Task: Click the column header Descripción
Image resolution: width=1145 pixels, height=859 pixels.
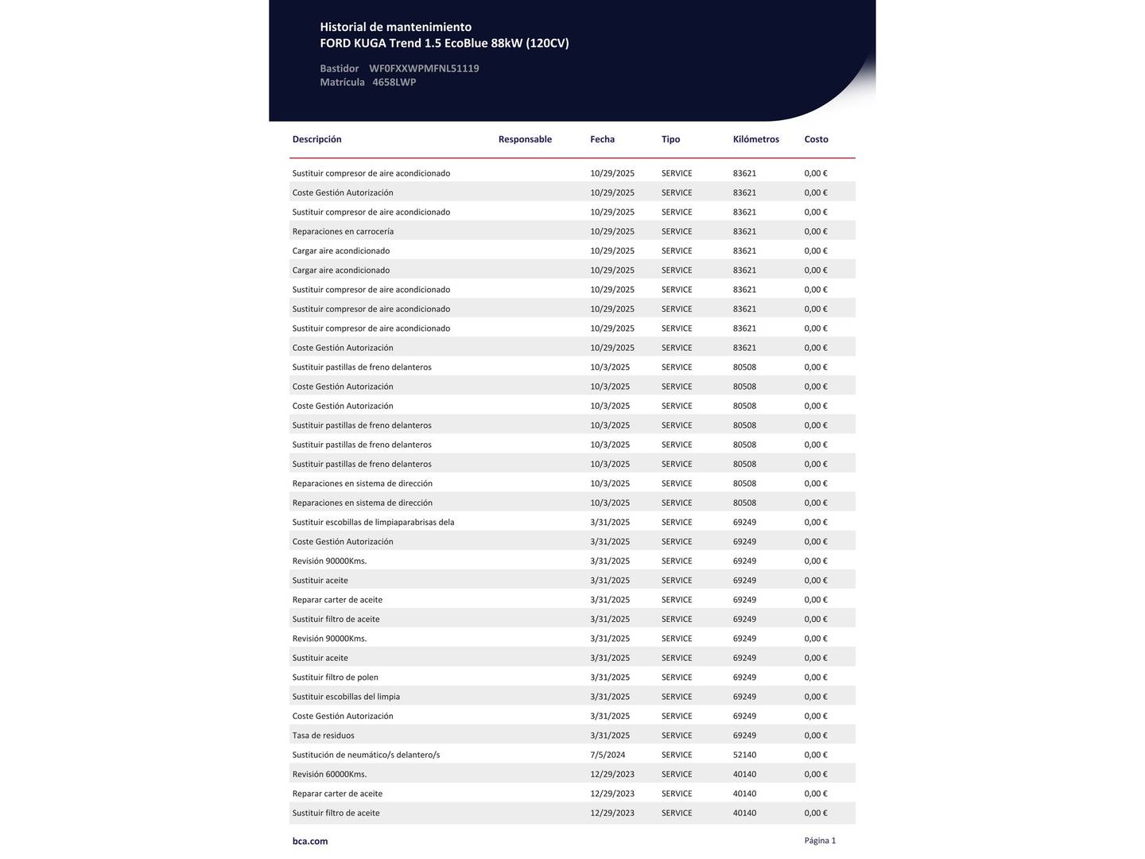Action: click(316, 139)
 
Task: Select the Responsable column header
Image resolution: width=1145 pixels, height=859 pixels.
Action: click(525, 139)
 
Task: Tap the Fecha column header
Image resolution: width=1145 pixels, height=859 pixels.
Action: click(602, 139)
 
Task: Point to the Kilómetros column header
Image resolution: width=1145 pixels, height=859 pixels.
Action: click(755, 139)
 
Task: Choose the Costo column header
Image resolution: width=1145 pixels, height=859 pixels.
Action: click(816, 139)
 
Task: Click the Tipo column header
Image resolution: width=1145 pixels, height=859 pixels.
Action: click(670, 139)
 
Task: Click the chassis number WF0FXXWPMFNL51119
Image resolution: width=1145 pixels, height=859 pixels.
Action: click(424, 68)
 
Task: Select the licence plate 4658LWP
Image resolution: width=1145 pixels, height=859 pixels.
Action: click(394, 82)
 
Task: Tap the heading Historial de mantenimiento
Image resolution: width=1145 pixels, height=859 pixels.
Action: click(395, 27)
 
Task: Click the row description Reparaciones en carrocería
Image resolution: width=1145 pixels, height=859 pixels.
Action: click(343, 231)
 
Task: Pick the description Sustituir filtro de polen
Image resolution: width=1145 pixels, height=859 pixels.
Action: click(335, 678)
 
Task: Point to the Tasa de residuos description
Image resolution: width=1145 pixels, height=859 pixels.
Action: click(323, 736)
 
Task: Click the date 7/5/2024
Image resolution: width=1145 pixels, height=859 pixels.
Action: click(607, 755)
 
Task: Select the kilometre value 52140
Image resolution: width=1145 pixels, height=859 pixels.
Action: click(744, 755)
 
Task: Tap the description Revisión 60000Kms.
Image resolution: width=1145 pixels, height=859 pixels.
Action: click(329, 775)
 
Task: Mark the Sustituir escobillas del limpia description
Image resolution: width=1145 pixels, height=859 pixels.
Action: click(346, 697)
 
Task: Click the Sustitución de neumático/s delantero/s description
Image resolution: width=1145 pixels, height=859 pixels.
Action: click(366, 755)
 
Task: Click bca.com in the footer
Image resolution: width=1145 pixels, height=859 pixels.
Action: click(310, 841)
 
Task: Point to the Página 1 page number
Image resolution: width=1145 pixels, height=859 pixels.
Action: click(820, 841)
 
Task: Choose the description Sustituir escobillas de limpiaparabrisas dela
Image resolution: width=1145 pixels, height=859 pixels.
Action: click(373, 523)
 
